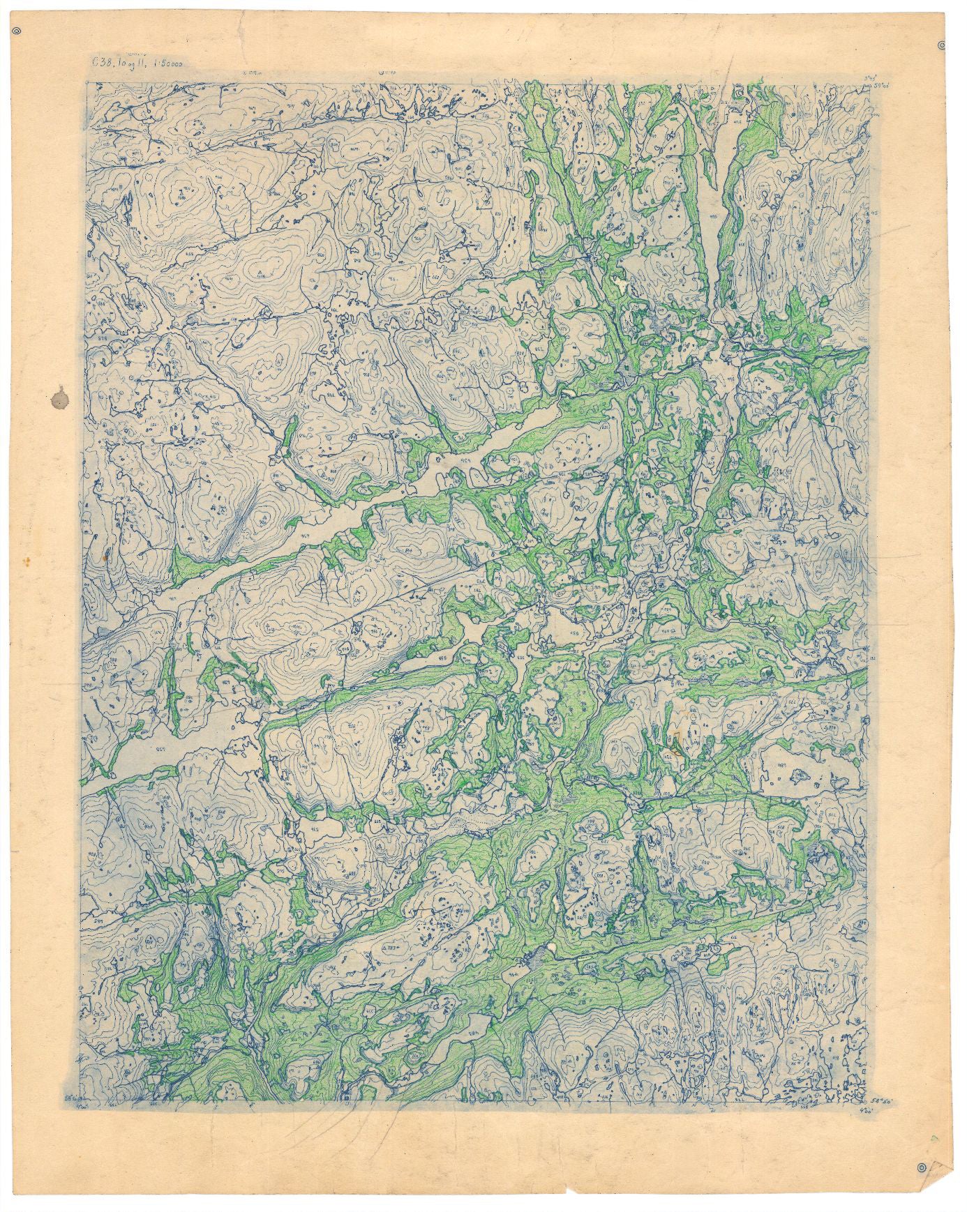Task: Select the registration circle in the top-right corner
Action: (941, 46)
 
